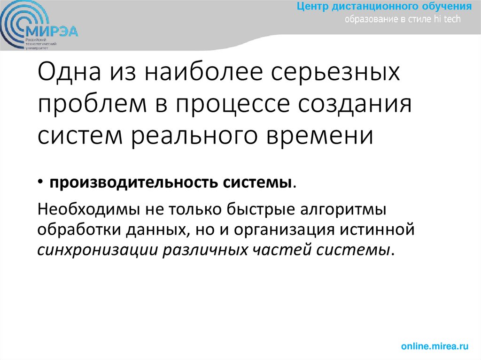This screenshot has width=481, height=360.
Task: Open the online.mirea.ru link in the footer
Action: (x=435, y=346)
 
